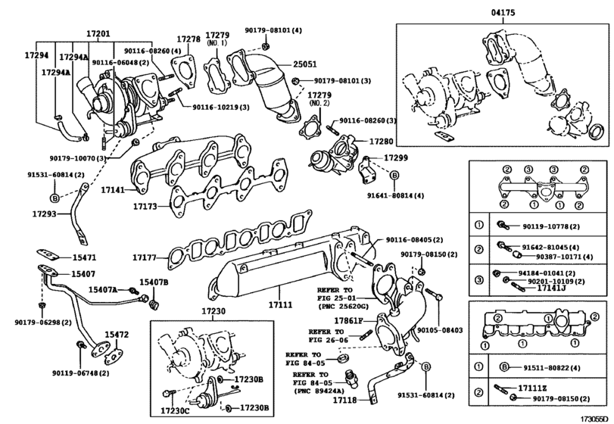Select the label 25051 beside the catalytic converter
pyautogui.click(x=307, y=65)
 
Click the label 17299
pyautogui.click(x=395, y=157)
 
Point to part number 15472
pyautogui.click(x=117, y=334)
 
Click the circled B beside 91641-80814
pyautogui.click(x=394, y=176)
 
